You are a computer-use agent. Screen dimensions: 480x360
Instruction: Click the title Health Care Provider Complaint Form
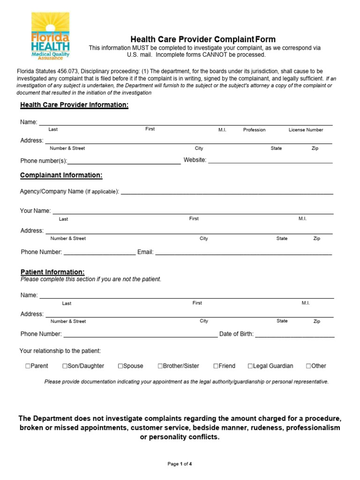click(x=202, y=39)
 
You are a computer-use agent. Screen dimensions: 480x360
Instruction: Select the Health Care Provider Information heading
click(x=74, y=105)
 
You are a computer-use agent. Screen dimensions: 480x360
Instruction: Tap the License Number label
click(x=306, y=130)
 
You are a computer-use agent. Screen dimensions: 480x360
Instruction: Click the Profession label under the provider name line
click(x=254, y=130)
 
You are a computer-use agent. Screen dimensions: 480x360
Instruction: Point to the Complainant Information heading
click(x=61, y=175)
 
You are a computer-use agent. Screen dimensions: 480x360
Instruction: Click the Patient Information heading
click(x=52, y=272)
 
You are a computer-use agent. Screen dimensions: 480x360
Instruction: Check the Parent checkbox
click(x=28, y=366)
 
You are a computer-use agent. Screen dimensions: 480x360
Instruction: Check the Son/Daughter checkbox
click(x=65, y=366)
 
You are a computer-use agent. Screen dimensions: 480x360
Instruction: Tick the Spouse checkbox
click(x=120, y=366)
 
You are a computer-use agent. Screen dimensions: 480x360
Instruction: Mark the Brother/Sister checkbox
click(x=160, y=366)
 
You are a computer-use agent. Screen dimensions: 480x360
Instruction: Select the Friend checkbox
click(x=216, y=366)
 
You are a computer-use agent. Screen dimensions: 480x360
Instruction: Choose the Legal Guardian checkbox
click(x=250, y=366)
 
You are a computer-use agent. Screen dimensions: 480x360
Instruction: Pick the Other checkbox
click(x=308, y=366)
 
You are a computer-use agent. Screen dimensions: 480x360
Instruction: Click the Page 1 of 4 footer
click(x=180, y=464)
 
